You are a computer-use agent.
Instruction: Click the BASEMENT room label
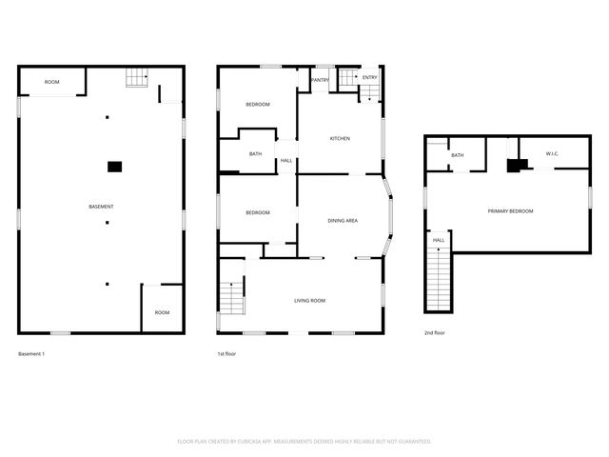coord(101,207)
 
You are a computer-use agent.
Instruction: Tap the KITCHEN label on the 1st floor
coord(340,138)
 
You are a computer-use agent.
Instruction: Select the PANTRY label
coord(321,80)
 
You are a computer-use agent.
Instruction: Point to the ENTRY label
coord(369,77)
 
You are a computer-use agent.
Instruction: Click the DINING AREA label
coord(343,221)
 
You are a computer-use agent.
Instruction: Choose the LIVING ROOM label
coord(309,300)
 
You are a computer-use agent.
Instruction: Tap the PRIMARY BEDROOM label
coord(510,210)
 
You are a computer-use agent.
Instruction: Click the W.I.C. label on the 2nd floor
coord(552,153)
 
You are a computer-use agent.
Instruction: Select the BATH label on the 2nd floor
coord(458,155)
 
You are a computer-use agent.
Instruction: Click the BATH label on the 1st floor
coord(255,153)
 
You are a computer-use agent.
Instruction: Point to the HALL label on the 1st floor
coord(286,160)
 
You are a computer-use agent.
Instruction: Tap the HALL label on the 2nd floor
coord(439,240)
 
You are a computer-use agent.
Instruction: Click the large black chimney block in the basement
coord(114,167)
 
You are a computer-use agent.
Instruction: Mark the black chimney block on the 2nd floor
coord(516,165)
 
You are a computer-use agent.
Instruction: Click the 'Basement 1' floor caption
coord(31,354)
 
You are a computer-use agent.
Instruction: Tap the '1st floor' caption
coord(226,354)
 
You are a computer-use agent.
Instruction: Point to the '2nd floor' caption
coord(435,333)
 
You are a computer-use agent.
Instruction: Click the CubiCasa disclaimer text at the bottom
coord(304,441)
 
